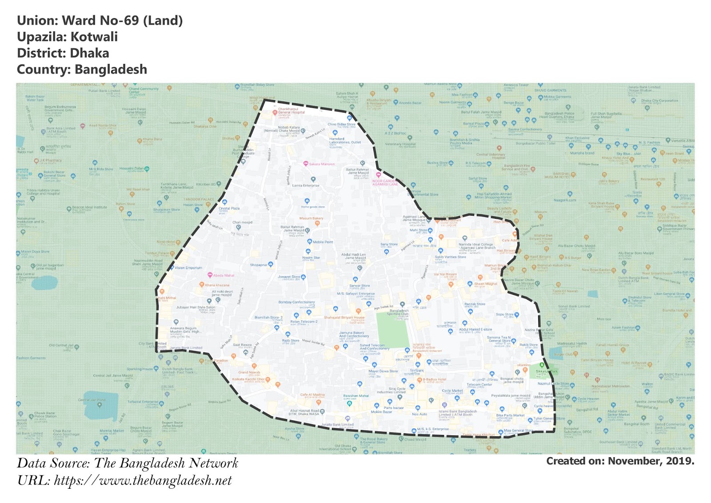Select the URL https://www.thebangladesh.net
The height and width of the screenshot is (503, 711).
pos(143,481)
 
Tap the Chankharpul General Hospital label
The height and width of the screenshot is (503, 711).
pos(292,111)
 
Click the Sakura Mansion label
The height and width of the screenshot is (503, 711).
pos(322,164)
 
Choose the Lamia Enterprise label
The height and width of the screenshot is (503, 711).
pos(306,185)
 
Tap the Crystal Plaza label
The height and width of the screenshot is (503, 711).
pos(229,208)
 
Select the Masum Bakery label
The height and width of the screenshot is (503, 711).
pos(311,218)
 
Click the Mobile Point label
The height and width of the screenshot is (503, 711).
pos(323,242)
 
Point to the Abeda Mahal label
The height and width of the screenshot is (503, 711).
pos(224,275)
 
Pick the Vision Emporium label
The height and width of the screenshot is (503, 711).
pos(188,268)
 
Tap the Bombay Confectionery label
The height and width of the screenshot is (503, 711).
pos(296,302)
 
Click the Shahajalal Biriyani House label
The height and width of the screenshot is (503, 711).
pos(344,318)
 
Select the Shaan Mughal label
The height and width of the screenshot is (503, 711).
pos(485,284)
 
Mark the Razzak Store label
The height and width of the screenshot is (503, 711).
pos(475,304)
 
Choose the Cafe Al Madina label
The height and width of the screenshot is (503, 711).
pos(312,394)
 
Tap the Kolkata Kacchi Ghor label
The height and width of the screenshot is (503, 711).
pos(248,379)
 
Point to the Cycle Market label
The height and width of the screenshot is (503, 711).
pos(452,390)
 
